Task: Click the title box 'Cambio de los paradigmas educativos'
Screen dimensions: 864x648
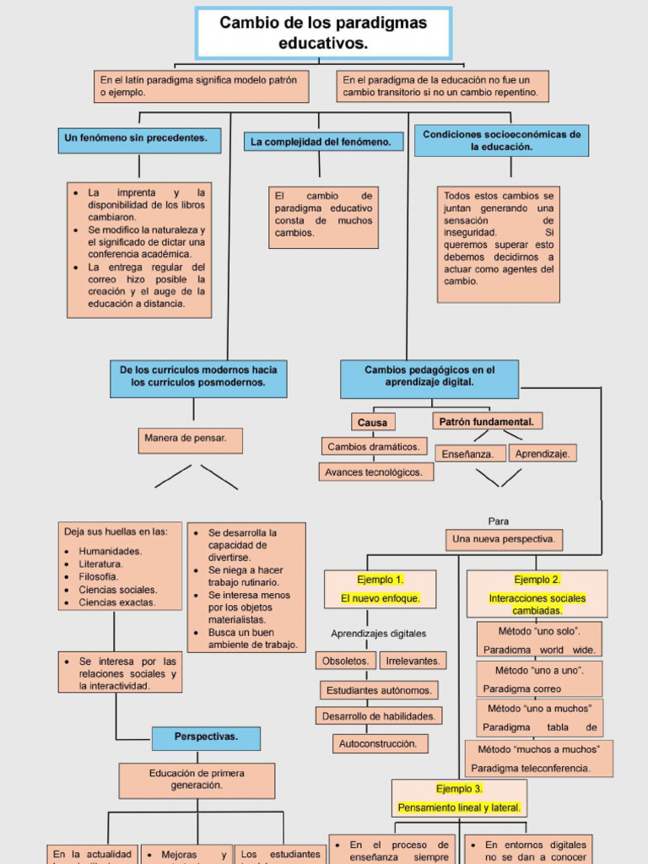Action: click(x=323, y=33)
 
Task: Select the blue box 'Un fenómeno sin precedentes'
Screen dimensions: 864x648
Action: click(x=139, y=139)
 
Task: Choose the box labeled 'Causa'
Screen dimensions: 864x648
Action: click(x=373, y=422)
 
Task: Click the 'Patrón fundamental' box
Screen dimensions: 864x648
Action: click(x=487, y=421)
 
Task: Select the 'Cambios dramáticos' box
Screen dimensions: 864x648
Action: click(x=374, y=446)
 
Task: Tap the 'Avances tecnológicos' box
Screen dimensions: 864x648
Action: click(x=375, y=472)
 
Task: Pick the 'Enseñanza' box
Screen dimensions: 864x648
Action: click(x=470, y=454)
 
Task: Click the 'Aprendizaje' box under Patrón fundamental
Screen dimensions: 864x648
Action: click(x=542, y=453)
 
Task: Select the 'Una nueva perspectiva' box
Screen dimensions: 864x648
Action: click(x=504, y=539)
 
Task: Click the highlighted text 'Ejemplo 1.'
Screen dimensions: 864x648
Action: click(x=380, y=580)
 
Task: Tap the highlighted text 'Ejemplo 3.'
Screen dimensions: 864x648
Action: click(x=459, y=789)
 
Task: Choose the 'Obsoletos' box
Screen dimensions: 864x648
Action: click(x=345, y=661)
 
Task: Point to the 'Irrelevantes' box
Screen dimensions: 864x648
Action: click(x=413, y=661)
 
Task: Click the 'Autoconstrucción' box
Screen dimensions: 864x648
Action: click(x=380, y=744)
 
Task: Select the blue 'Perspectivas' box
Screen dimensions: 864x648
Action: click(x=206, y=737)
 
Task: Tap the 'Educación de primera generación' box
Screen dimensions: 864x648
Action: click(x=197, y=780)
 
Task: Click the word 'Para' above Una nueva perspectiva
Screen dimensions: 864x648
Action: click(x=499, y=521)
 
